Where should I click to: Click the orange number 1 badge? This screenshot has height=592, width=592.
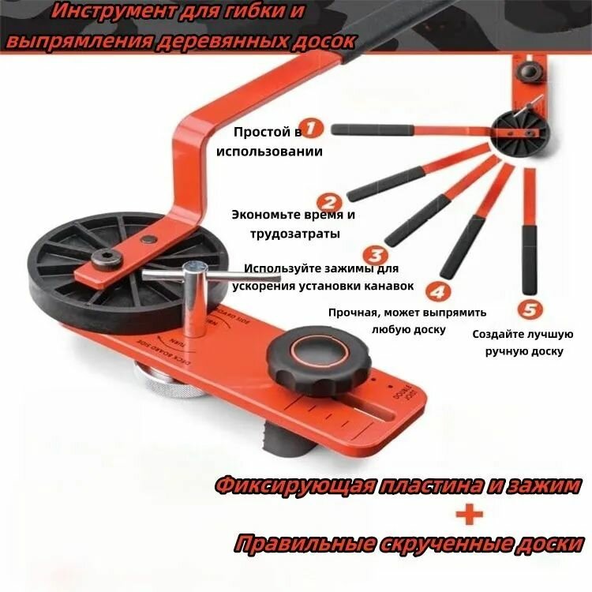click(x=313, y=128)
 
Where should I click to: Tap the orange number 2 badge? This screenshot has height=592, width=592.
click(x=330, y=204)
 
